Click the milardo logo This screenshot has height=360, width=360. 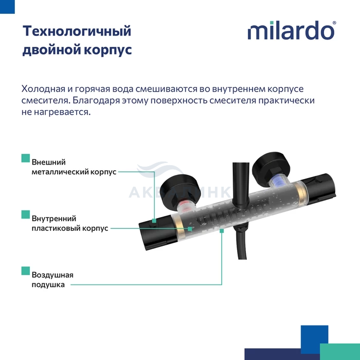pos(292,30)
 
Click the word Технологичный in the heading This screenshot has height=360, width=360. pos(77,31)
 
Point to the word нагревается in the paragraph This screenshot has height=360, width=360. pos(62,112)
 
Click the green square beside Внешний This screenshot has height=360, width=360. pos(26,158)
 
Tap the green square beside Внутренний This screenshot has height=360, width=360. pos(26,214)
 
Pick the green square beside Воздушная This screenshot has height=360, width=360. pos(26,271)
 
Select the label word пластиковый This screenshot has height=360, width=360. pos(56,228)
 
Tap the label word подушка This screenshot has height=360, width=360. pos(48,285)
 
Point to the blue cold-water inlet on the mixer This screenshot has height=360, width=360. pos(278,182)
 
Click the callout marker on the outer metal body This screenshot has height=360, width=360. pos(154,221)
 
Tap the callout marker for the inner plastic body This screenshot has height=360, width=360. pos(190,229)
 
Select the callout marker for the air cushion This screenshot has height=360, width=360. pos(222,231)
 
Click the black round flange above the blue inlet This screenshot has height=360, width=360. pos(271,167)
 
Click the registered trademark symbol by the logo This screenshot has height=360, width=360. pos(334,23)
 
